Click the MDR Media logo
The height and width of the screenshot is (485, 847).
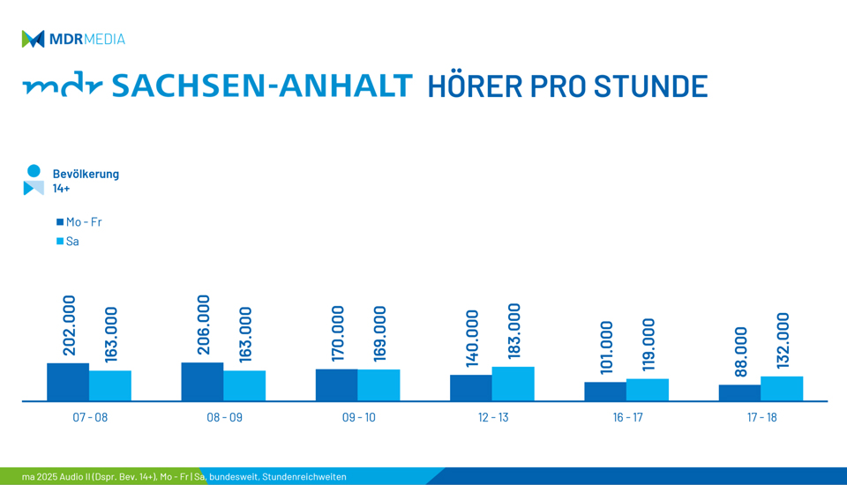(73, 39)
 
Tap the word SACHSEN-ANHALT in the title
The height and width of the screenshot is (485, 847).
(262, 86)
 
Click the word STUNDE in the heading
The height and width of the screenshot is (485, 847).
(651, 86)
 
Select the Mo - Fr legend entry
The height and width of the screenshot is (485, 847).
(79, 222)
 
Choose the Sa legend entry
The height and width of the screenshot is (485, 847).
(68, 242)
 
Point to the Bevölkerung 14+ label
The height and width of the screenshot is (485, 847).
(86, 181)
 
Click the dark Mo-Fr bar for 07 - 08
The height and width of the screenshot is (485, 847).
(68, 382)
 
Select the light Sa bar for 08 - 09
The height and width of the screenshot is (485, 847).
(244, 385)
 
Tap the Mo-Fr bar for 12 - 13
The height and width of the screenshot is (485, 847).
(471, 388)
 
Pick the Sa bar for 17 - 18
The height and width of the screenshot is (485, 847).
(782, 388)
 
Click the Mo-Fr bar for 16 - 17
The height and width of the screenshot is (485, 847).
(605, 392)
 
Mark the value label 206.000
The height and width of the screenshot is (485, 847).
(203, 325)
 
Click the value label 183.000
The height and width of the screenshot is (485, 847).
(513, 331)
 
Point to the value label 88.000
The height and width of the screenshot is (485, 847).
(740, 352)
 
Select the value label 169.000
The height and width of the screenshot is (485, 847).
(379, 333)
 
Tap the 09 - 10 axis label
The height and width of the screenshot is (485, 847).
(359, 417)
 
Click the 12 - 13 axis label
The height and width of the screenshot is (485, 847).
(493, 417)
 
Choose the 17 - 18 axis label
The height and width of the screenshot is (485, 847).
(761, 417)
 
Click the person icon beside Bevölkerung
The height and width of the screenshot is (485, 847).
(34, 180)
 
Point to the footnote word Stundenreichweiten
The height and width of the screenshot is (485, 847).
(304, 477)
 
